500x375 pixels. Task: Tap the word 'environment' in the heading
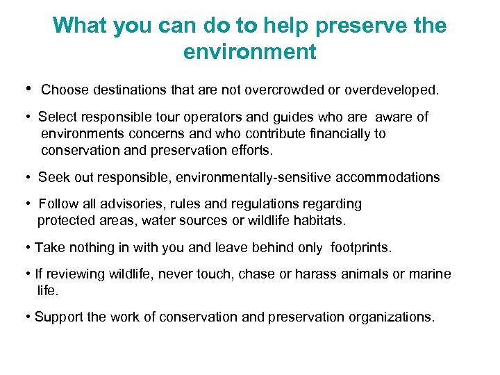249,51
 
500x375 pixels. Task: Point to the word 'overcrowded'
276,90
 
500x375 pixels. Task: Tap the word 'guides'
298,117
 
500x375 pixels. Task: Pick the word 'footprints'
360,247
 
